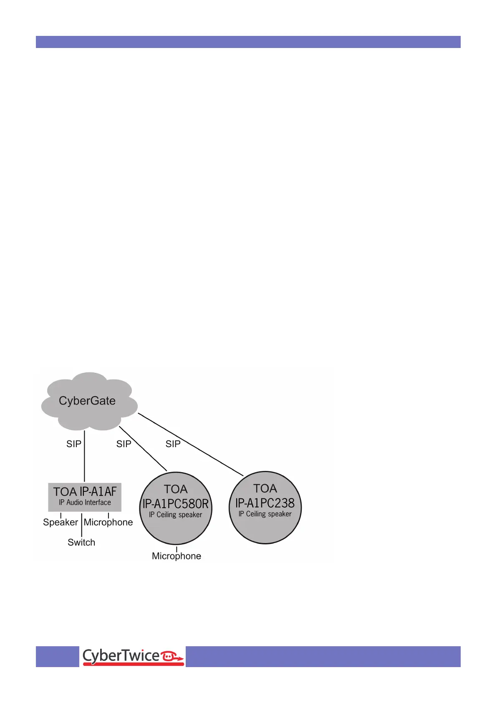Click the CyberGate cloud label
click(87, 401)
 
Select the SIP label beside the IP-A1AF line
click(74, 444)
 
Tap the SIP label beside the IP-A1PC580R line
click(124, 444)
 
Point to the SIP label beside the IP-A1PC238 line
click(173, 444)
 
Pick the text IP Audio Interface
click(85, 503)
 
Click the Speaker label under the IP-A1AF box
click(61, 522)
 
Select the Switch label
click(81, 542)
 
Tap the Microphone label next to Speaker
click(108, 522)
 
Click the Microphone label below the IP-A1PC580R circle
click(177, 556)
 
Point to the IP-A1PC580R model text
click(176, 504)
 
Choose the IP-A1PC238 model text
click(265, 503)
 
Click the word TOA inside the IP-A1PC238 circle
click(265, 488)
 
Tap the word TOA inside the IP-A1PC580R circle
click(176, 489)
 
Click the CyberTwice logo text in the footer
click(121, 656)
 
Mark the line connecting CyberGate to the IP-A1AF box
click(85, 459)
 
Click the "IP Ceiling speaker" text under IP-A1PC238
click(265, 514)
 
